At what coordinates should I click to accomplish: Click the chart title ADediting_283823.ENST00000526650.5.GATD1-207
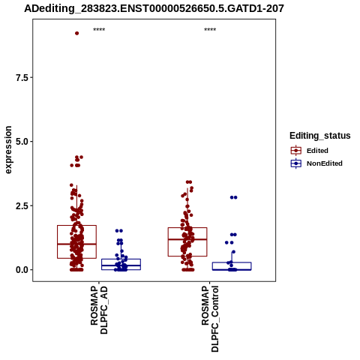154,9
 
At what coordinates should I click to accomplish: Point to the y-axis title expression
8,150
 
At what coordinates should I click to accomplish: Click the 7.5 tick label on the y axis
22,78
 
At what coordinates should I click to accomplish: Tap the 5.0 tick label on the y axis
22,142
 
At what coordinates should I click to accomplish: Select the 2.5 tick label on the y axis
22,206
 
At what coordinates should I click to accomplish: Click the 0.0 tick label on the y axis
22,270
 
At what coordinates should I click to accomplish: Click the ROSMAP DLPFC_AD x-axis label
99,310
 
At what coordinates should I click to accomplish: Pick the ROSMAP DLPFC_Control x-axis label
210,319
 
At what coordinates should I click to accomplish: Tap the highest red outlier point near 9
76,33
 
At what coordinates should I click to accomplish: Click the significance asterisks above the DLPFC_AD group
99,29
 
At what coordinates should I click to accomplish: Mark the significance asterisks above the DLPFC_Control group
210,29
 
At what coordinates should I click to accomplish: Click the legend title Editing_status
320,136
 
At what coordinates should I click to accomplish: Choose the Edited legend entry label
317,151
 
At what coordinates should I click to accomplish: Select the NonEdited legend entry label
325,163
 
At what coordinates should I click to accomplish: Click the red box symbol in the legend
296,151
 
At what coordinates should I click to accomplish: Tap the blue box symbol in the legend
296,163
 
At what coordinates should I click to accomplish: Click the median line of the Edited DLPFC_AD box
76,244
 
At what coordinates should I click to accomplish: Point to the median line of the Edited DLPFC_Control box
187,239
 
